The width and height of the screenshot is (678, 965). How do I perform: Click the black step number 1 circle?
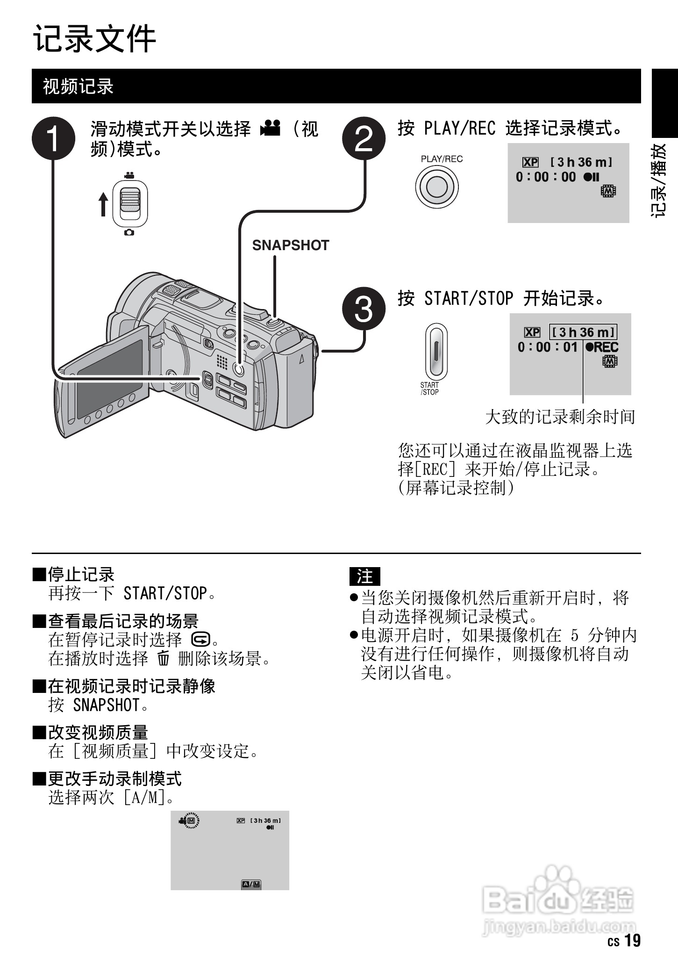pyautogui.click(x=54, y=138)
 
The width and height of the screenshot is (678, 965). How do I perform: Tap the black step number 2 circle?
pyautogui.click(x=364, y=138)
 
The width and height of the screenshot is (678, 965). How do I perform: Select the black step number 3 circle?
pyautogui.click(x=364, y=309)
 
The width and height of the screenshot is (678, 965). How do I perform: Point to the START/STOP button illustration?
pyautogui.click(x=436, y=352)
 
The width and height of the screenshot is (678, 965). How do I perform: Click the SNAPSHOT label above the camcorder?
pyautogui.click(x=291, y=245)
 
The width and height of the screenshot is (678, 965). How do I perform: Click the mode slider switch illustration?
pyautogui.click(x=129, y=204)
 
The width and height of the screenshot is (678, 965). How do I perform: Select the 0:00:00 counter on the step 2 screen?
pyautogui.click(x=546, y=177)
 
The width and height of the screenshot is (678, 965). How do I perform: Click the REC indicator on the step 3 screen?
pyautogui.click(x=602, y=347)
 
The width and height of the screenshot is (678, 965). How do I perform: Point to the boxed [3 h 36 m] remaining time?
pyautogui.click(x=583, y=332)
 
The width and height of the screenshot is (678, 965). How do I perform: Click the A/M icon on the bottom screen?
pyautogui.click(x=251, y=884)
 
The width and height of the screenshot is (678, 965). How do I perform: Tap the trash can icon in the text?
pyautogui.click(x=163, y=658)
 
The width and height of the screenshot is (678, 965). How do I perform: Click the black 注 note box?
pyautogui.click(x=365, y=576)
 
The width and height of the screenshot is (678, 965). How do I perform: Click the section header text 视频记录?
pyautogui.click(x=79, y=86)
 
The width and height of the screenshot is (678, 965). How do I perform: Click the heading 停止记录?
pyautogui.click(x=81, y=575)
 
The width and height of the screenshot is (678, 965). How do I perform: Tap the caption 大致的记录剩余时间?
pyautogui.click(x=560, y=417)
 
